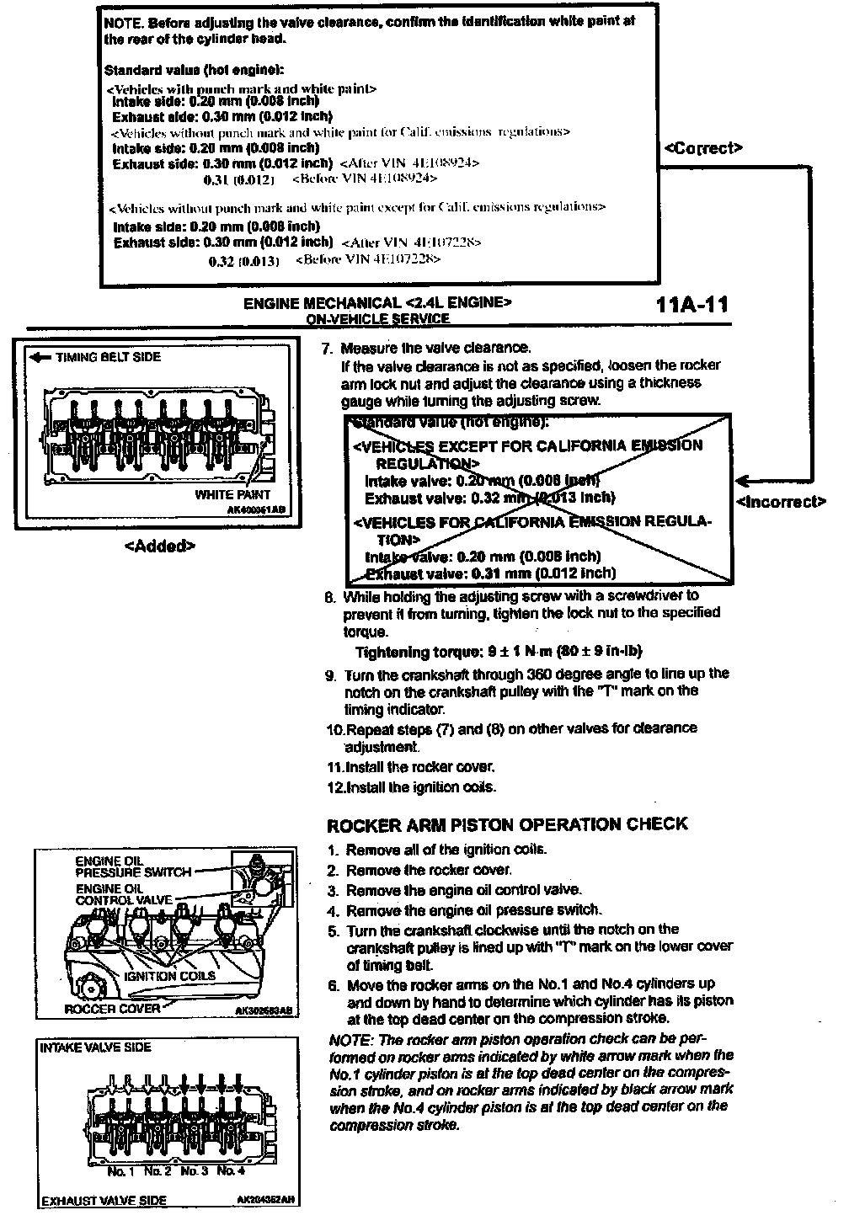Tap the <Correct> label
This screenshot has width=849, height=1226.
pyautogui.click(x=703, y=148)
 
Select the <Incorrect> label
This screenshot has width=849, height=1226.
pyautogui.click(x=781, y=502)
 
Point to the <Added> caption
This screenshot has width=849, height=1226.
pyautogui.click(x=160, y=546)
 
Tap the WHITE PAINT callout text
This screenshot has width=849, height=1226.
pyautogui.click(x=233, y=494)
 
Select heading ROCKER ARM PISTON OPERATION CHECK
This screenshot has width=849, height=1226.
pyautogui.click(x=507, y=824)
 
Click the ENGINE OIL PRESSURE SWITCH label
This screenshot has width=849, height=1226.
pyautogui.click(x=133, y=866)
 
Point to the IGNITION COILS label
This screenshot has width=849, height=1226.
pyautogui.click(x=169, y=976)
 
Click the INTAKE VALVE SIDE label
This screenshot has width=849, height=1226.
pyautogui.click(x=96, y=1047)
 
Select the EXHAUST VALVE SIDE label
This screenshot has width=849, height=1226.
pyautogui.click(x=104, y=1201)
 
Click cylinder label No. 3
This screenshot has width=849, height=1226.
pyautogui.click(x=195, y=1170)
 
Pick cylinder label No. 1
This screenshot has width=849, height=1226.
pyautogui.click(x=121, y=1170)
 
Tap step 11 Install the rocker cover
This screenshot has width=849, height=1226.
pyautogui.click(x=411, y=767)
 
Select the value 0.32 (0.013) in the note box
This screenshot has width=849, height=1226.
pyautogui.click(x=243, y=261)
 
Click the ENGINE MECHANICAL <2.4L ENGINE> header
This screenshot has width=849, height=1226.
pyautogui.click(x=376, y=303)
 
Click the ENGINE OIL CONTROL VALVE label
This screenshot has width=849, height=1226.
pyautogui.click(x=124, y=894)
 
